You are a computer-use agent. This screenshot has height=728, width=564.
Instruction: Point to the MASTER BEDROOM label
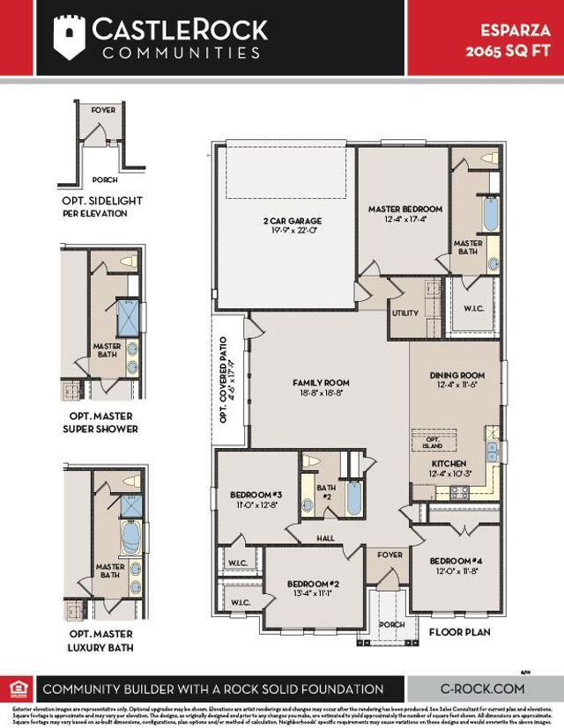pos(404,209)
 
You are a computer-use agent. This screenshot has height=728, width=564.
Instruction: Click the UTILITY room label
pos(405,313)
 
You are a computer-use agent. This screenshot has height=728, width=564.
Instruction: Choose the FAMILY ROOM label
pos(321,383)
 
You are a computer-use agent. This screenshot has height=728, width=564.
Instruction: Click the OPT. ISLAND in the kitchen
pos(432,442)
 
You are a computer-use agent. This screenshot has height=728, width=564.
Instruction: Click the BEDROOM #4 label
pos(456,561)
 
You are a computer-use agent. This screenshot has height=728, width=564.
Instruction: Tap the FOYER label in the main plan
pos(390,555)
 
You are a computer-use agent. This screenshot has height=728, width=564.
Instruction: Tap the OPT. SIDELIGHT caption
pos(102,206)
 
